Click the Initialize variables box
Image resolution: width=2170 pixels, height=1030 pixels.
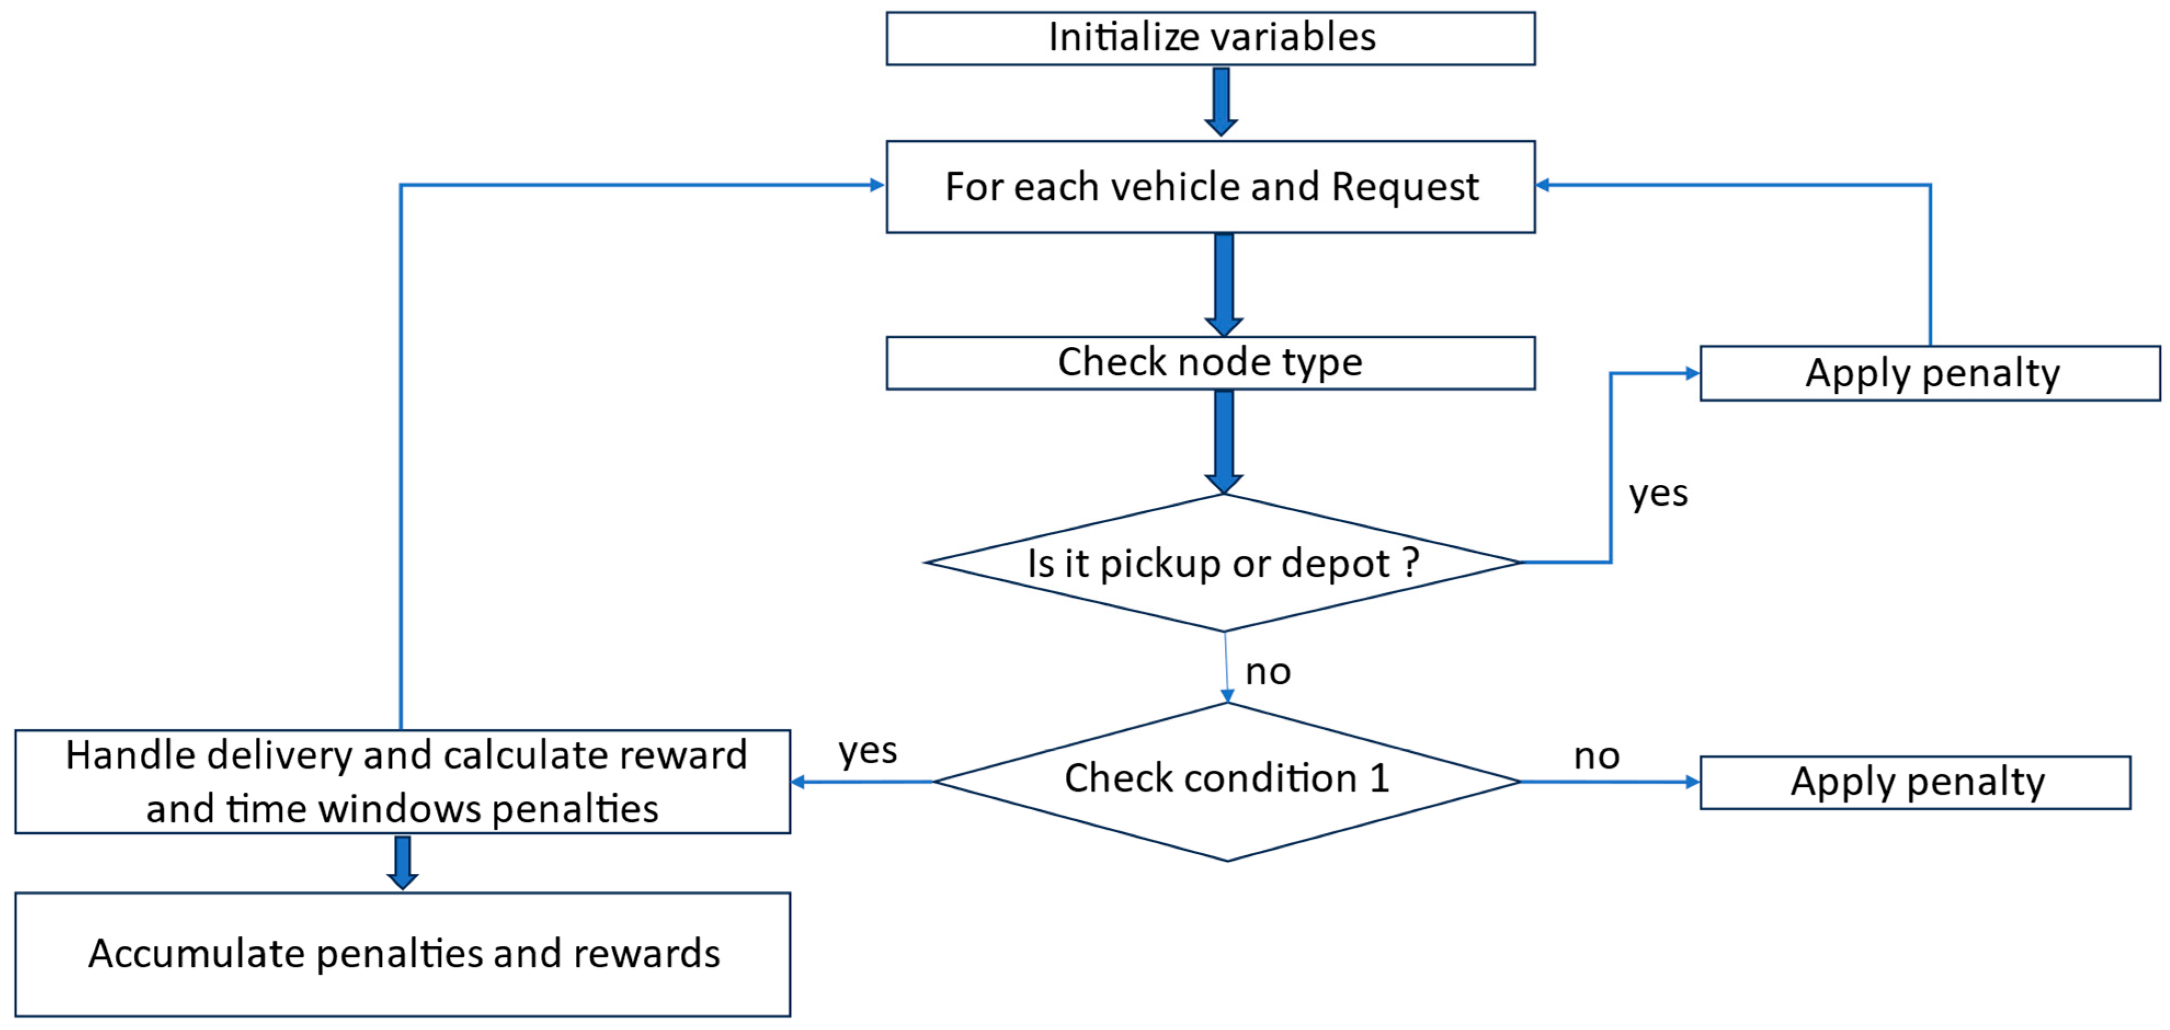(x=1210, y=38)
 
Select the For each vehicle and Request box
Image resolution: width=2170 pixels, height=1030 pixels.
(x=1210, y=186)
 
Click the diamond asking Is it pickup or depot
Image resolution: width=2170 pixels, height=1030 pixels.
(x=1223, y=563)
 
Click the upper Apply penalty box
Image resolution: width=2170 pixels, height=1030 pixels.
(x=1930, y=373)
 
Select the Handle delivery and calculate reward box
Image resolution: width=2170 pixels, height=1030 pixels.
(x=403, y=782)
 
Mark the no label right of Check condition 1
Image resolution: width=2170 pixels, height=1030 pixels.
(x=1596, y=756)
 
